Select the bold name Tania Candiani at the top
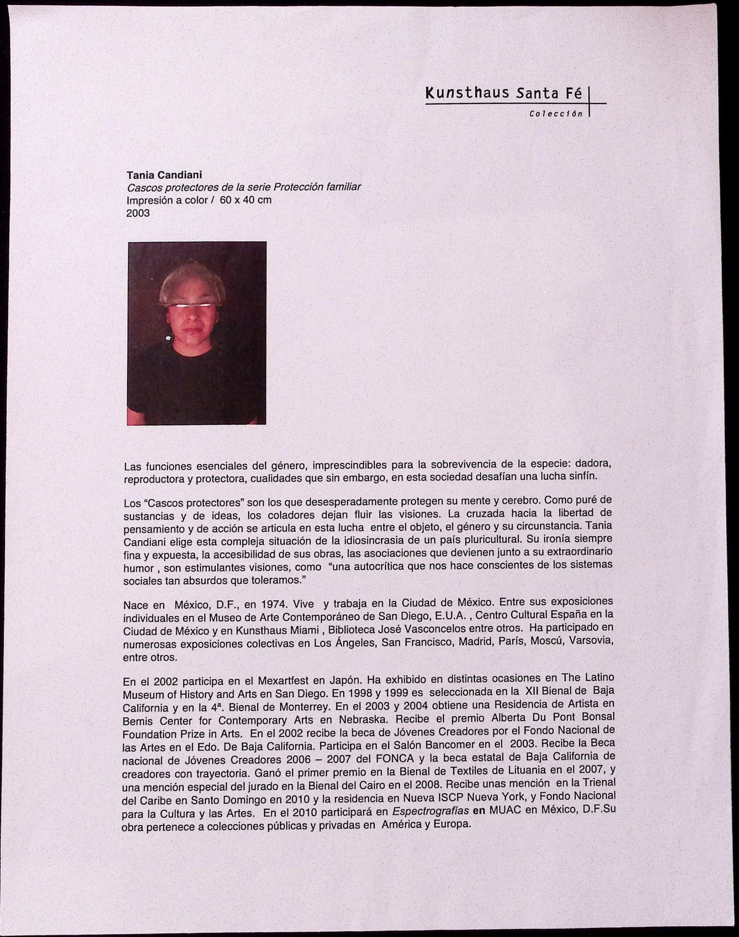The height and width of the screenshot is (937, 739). point(164,175)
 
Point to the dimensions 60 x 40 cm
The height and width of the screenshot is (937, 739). point(245,200)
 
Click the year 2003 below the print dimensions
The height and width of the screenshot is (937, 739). point(138,213)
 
